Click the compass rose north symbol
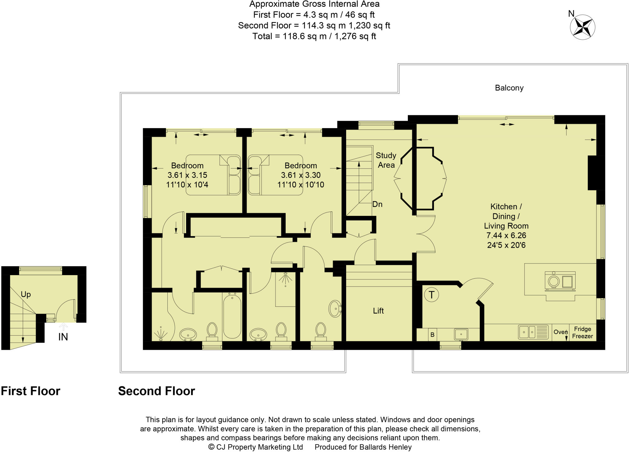(x=582, y=27)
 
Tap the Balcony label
(x=509, y=88)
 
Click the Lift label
(x=378, y=311)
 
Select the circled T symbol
(x=431, y=295)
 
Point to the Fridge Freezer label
(x=582, y=333)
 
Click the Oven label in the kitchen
(x=560, y=332)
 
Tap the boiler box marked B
(x=432, y=335)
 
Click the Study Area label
(x=386, y=160)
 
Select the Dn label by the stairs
(x=377, y=204)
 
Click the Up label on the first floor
(x=26, y=294)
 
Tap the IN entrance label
(x=63, y=337)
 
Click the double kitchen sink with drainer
(x=533, y=332)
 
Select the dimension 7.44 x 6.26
(x=506, y=236)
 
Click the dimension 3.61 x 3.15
(x=187, y=175)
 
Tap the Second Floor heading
(x=157, y=391)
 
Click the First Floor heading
(x=30, y=391)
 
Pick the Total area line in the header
(x=314, y=36)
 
